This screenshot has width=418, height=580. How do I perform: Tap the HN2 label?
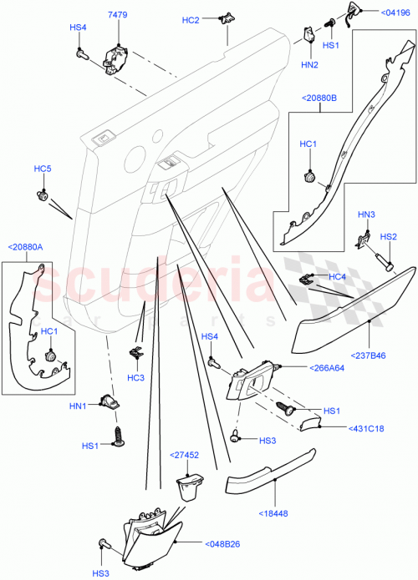(309, 64)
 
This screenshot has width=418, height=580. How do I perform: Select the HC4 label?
(337, 276)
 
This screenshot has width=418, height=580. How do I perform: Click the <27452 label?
(186, 455)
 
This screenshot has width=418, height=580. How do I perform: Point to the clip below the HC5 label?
(42, 196)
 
